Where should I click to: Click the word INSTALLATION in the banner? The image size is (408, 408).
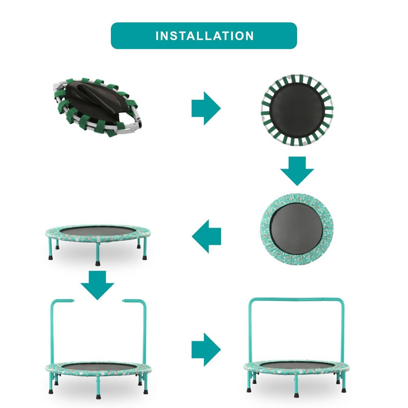click(205, 36)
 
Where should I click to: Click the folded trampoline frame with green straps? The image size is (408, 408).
click(98, 107)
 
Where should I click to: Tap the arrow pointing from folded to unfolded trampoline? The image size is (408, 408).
click(206, 108)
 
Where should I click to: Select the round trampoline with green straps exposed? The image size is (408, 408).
click(297, 110)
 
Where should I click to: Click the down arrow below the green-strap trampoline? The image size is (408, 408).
click(297, 171)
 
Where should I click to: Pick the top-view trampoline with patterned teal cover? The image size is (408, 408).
click(297, 229)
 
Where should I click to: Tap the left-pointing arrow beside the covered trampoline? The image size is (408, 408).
click(207, 236)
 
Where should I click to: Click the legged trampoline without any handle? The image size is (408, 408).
click(98, 245)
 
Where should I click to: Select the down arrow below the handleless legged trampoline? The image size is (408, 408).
click(97, 285)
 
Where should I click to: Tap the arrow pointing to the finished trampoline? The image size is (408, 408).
click(206, 349)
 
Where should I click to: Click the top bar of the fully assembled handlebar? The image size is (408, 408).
click(297, 300)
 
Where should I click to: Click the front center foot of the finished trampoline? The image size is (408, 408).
click(297, 396)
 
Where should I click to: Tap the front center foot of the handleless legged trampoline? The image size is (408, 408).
click(97, 263)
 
